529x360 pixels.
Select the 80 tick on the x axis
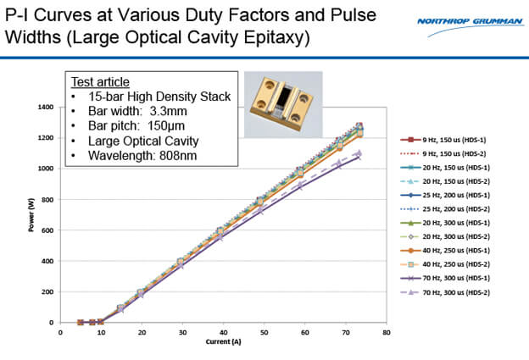coord(387,332)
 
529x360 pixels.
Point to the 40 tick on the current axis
coord(223,332)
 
